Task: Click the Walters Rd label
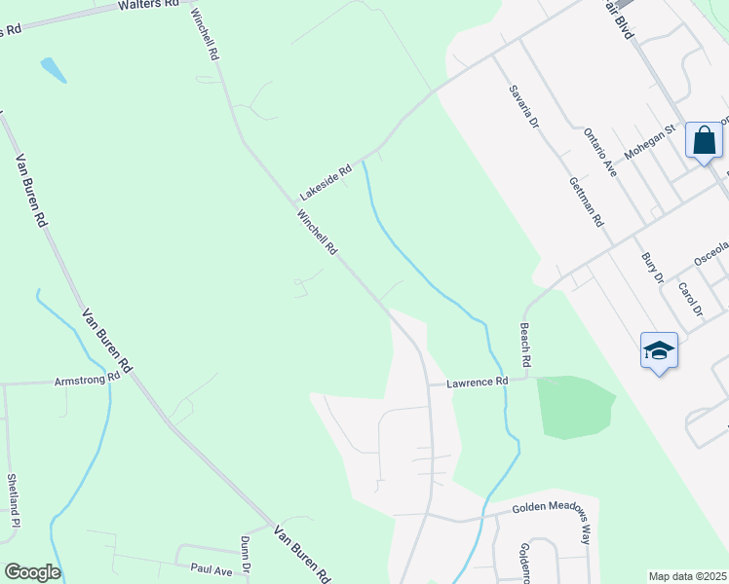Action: pos(148,5)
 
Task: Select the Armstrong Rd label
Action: pos(87,379)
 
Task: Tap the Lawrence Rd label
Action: pos(478,383)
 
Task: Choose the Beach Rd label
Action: pos(524,345)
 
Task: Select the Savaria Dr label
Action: pos(523,106)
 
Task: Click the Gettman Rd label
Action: pos(586,201)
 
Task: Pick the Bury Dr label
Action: pos(652,268)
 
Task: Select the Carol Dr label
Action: pos(690,299)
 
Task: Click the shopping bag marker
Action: pos(704,141)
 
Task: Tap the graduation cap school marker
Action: pos(659,350)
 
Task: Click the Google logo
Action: pos(32,572)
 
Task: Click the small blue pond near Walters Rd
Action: pos(54,69)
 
